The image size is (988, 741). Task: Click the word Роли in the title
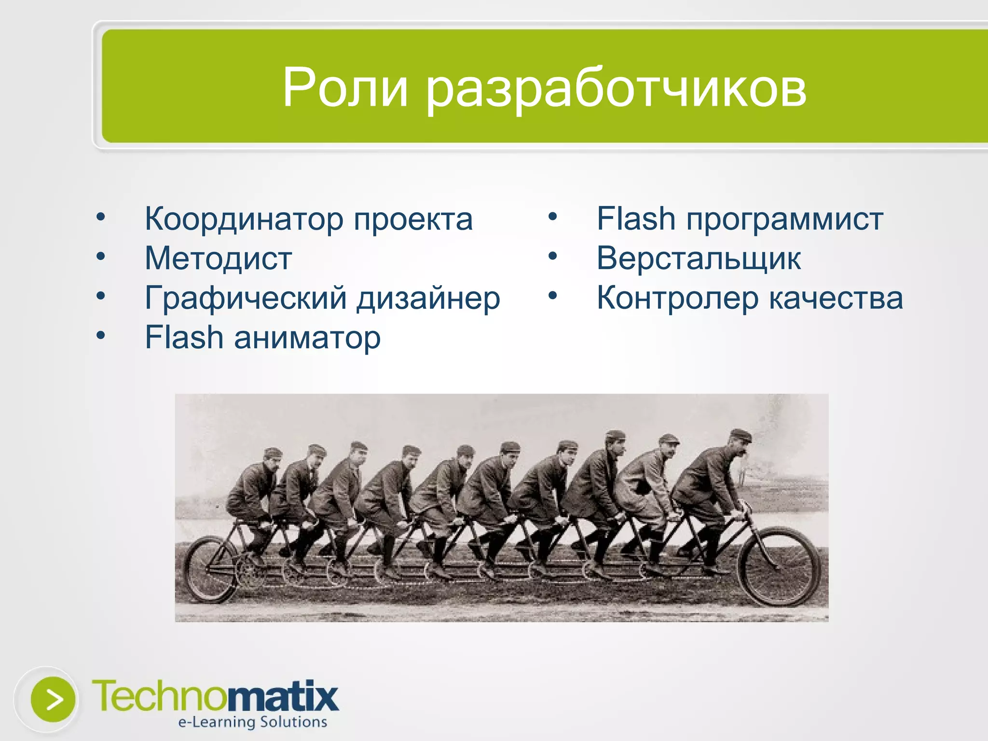[345, 88]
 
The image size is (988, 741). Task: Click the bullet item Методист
[219, 259]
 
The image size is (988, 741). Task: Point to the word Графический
[246, 299]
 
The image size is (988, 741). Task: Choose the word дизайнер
[428, 299]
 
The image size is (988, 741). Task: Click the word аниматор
[307, 338]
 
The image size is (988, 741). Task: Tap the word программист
[785, 220]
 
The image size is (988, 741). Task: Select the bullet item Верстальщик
[699, 259]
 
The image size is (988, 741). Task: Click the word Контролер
[677, 299]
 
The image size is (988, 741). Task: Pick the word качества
[836, 298]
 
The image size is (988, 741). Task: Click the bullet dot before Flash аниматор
[100, 335]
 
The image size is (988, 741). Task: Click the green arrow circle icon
[53, 700]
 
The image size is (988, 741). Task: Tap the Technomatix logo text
[215, 696]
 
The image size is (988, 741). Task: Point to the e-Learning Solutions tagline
[252, 722]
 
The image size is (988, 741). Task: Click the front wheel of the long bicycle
[779, 566]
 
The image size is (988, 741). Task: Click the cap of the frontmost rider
[741, 435]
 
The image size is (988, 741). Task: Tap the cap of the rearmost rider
[273, 452]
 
